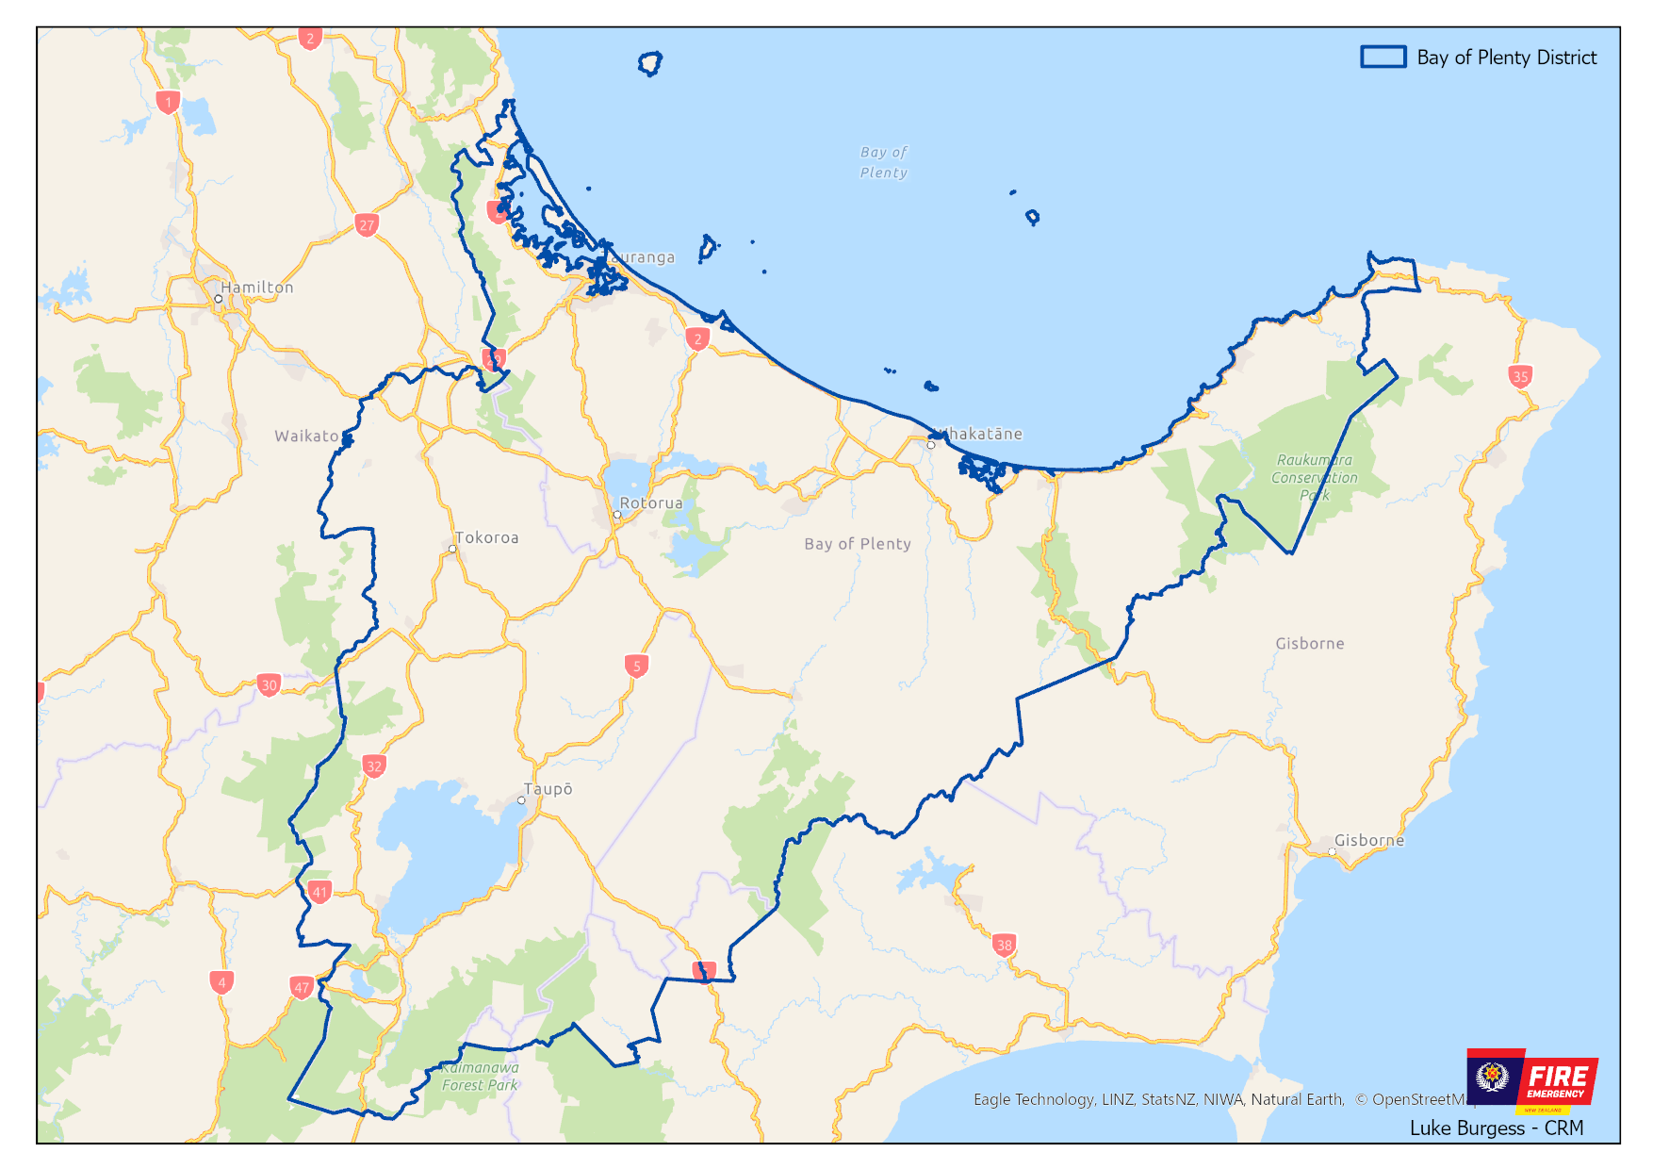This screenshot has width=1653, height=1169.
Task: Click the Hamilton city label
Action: [257, 288]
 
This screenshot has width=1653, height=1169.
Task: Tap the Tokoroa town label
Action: [486, 537]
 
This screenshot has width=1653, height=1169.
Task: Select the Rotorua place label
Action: [651, 503]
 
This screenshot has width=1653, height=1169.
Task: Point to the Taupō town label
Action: [548, 789]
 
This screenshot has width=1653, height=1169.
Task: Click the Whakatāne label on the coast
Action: [980, 434]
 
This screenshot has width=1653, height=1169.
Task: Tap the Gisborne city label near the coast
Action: [1368, 840]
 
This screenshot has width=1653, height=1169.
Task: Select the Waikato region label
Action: [306, 436]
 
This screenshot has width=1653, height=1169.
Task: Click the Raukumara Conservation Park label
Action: [1315, 477]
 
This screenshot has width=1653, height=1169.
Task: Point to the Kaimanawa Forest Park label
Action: [480, 1077]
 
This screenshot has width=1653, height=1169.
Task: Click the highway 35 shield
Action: [1520, 376]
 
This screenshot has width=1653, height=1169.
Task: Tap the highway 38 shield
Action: [1004, 945]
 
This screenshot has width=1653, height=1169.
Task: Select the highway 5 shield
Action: [637, 666]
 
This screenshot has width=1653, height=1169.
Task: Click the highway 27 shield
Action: [367, 224]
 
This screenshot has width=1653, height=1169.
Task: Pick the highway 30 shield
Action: [270, 684]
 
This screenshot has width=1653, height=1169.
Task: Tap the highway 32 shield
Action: [374, 766]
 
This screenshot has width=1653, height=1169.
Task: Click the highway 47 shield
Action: [302, 987]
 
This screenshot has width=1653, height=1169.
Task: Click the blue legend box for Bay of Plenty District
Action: [1383, 57]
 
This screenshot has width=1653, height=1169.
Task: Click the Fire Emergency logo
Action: [1532, 1079]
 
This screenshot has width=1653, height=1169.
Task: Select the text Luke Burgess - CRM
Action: [1496, 1128]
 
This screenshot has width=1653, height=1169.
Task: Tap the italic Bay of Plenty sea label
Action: [883, 162]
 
